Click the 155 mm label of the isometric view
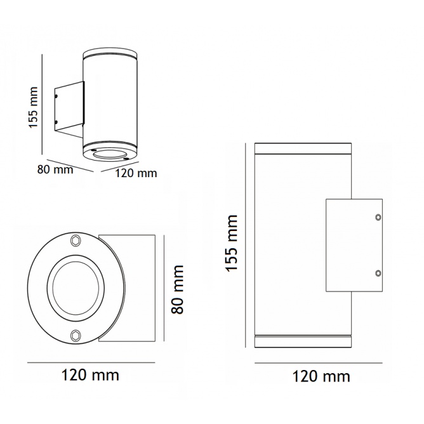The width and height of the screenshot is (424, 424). click(33, 107)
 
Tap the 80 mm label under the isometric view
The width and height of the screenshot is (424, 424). click(55, 170)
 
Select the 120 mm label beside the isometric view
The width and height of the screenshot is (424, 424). click(136, 173)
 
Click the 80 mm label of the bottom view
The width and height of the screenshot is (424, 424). click(177, 289)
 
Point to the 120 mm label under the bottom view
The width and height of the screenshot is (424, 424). click(90, 375)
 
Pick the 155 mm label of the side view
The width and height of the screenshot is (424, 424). click(231, 243)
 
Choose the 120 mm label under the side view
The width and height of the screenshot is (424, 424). click(321, 376)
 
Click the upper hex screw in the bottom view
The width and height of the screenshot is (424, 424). click(75, 241)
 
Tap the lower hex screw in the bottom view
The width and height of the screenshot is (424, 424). click(76, 335)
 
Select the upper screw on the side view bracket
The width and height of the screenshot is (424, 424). click(378, 217)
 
